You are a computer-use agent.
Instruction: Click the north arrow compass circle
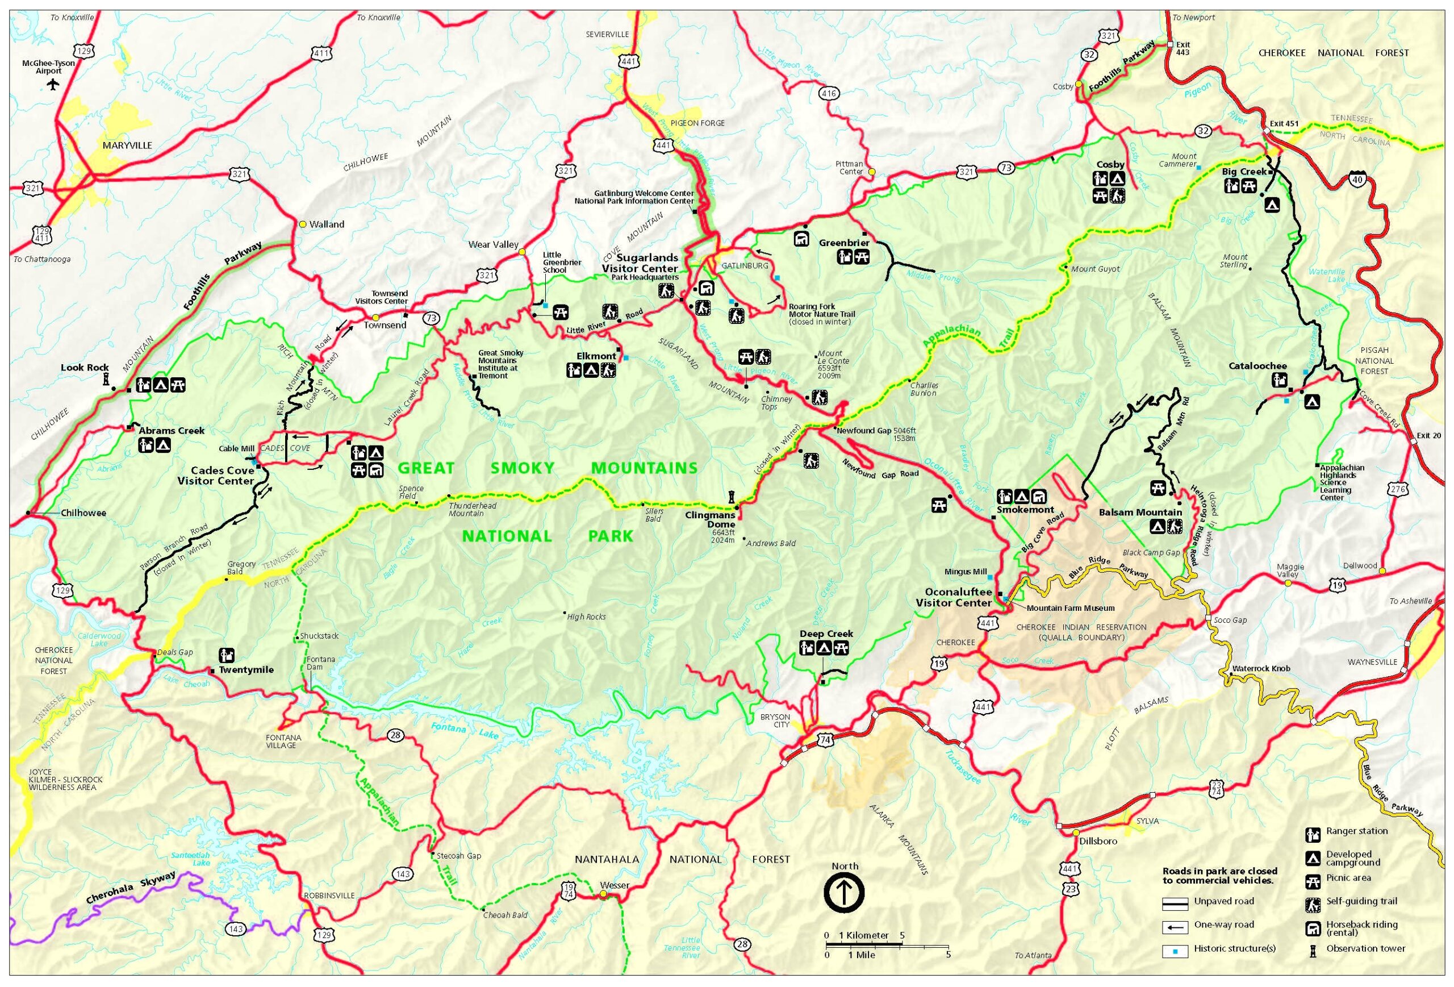844,893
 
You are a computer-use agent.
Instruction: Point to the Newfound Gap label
863,431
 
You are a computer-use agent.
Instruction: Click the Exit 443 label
1183,48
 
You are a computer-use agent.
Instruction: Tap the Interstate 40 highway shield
1357,180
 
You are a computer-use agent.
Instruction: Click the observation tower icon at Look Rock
106,378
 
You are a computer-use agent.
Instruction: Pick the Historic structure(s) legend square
1175,951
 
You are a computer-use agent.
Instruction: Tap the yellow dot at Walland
303,224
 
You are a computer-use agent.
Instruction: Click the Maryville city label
127,145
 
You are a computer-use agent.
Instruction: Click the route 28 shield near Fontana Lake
395,735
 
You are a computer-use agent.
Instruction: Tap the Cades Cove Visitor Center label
215,476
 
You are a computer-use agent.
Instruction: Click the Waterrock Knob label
1261,668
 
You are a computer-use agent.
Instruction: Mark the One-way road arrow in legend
1176,927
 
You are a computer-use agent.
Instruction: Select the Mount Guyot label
1095,269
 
